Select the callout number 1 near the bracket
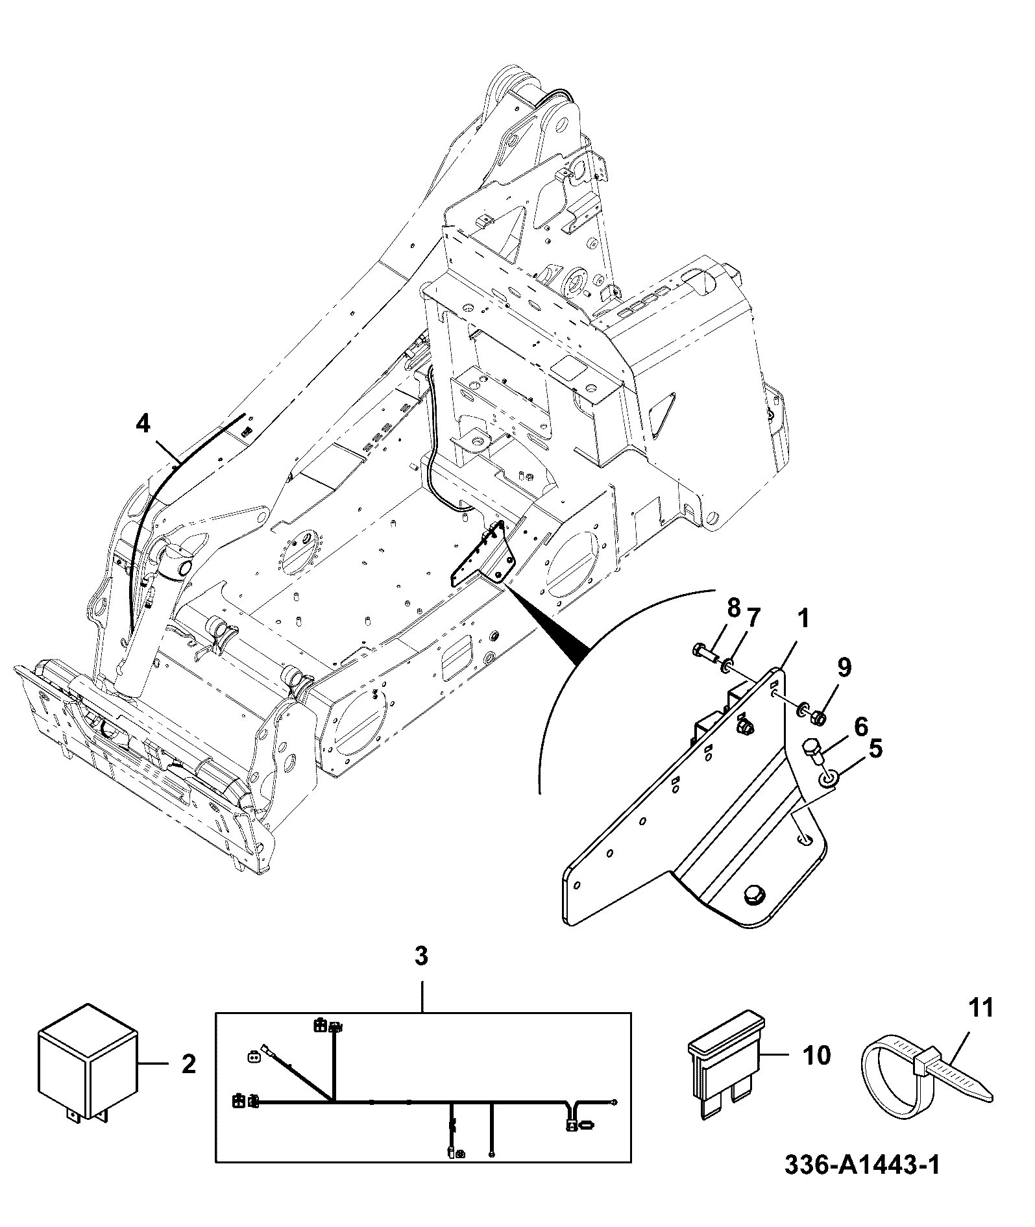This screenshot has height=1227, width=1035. coord(803,619)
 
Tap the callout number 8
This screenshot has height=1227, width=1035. coord(733,609)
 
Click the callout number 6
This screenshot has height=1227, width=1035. coord(860,727)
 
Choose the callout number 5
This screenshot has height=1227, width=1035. coord(875,749)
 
